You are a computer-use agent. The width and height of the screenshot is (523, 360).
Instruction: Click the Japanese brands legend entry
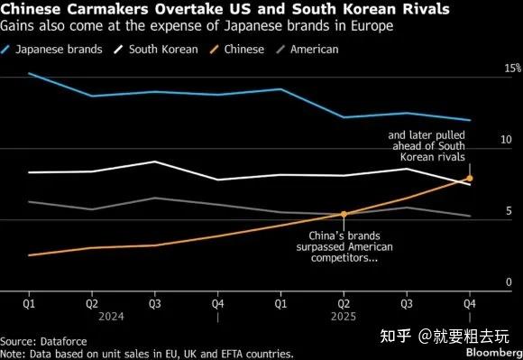(x=51, y=50)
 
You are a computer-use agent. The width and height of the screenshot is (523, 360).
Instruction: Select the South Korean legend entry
(x=156, y=50)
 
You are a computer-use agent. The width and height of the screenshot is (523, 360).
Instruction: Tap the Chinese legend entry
(x=237, y=50)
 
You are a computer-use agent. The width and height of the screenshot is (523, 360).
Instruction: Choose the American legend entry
(x=307, y=50)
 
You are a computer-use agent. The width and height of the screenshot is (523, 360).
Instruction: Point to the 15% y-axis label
(x=513, y=68)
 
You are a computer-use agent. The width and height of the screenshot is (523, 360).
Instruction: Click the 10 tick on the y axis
(x=506, y=140)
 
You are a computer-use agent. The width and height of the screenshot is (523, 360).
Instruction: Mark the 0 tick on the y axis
(x=509, y=282)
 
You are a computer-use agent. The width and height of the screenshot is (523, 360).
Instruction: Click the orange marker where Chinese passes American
(x=344, y=214)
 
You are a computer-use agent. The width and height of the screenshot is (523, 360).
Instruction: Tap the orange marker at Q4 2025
(x=470, y=178)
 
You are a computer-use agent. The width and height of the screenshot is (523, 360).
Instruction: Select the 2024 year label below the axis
(x=111, y=317)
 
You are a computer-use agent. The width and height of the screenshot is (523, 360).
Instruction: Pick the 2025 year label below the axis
(x=344, y=317)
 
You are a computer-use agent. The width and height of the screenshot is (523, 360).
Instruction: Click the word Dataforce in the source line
(x=64, y=341)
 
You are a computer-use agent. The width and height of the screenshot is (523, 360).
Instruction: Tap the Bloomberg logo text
(x=494, y=352)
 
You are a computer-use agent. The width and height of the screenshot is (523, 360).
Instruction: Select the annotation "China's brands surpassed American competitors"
(x=344, y=246)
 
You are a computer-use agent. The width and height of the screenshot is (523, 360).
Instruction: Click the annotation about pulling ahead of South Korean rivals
(x=427, y=146)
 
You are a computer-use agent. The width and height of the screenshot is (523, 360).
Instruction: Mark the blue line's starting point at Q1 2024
(x=29, y=73)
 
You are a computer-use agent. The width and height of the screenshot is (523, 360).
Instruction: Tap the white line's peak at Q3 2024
(x=155, y=162)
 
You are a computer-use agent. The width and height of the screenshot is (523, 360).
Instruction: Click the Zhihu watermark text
(x=445, y=336)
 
